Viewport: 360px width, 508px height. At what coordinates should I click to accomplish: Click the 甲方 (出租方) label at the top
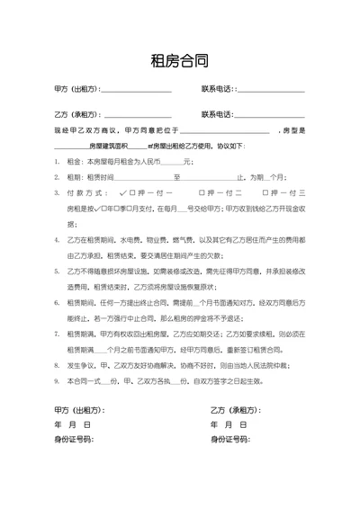point(76,90)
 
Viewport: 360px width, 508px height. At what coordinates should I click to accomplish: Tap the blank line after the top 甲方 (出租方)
point(135,91)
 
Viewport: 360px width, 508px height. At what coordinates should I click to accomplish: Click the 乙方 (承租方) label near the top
point(76,115)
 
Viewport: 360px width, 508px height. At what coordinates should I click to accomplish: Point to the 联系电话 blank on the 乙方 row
point(271,116)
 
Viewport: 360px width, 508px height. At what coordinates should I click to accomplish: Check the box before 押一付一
point(132,193)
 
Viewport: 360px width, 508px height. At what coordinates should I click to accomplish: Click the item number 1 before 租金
point(57,162)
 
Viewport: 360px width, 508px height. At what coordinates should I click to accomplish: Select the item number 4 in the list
point(57,240)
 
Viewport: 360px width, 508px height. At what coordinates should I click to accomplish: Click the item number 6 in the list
point(57,303)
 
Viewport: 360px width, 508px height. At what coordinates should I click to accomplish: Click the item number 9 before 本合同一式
point(57,382)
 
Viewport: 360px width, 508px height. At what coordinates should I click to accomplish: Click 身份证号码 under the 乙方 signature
point(231,439)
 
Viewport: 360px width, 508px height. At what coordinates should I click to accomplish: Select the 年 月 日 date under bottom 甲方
point(72,424)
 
